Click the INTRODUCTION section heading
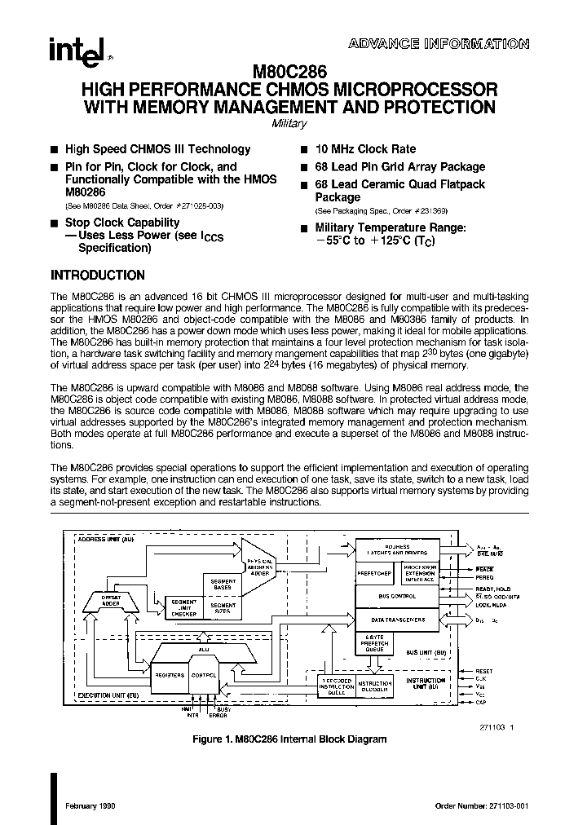(x=98, y=276)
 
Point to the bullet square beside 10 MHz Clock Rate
(x=303, y=150)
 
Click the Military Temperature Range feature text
(x=391, y=228)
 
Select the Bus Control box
(x=397, y=597)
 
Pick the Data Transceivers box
(x=397, y=620)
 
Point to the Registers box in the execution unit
(x=169, y=676)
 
